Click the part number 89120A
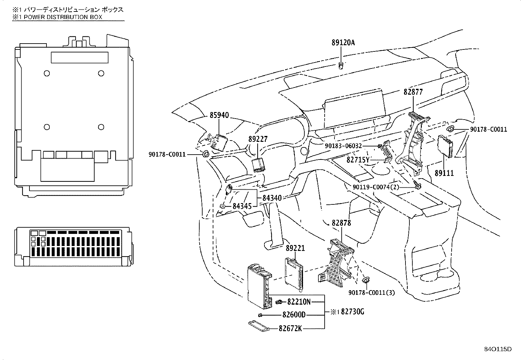[343, 43]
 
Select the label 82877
[413, 92]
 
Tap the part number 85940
[219, 115]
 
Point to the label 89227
[258, 139]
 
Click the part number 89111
[444, 173]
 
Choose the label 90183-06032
[343, 146]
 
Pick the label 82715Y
[358, 160]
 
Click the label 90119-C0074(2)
[376, 187]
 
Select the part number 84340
[272, 198]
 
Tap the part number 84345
[242, 206]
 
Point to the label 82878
[341, 223]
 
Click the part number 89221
[295, 248]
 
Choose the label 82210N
[299, 302]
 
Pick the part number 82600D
[294, 315]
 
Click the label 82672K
[290, 329]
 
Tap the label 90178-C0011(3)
[372, 293]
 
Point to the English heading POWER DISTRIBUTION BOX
[63, 17]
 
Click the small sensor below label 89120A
[341, 66]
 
